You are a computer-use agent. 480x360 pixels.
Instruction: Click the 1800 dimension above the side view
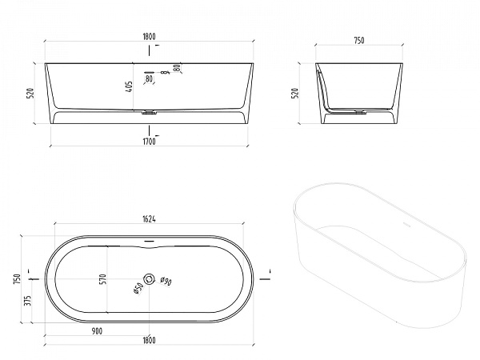[x=149, y=37]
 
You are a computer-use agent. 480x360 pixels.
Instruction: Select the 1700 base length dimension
[x=149, y=142]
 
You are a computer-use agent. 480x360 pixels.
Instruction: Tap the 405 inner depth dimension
[x=129, y=87]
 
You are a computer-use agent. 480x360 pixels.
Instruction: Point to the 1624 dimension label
[x=149, y=219]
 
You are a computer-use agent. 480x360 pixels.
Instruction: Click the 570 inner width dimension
[x=103, y=279]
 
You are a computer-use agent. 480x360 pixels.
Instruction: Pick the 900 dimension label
[x=97, y=331]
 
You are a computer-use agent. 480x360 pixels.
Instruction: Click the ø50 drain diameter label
[x=138, y=288]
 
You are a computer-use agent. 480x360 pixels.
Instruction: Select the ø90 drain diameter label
[x=166, y=281]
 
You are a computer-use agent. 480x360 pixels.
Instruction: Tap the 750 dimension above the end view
[x=359, y=41]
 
